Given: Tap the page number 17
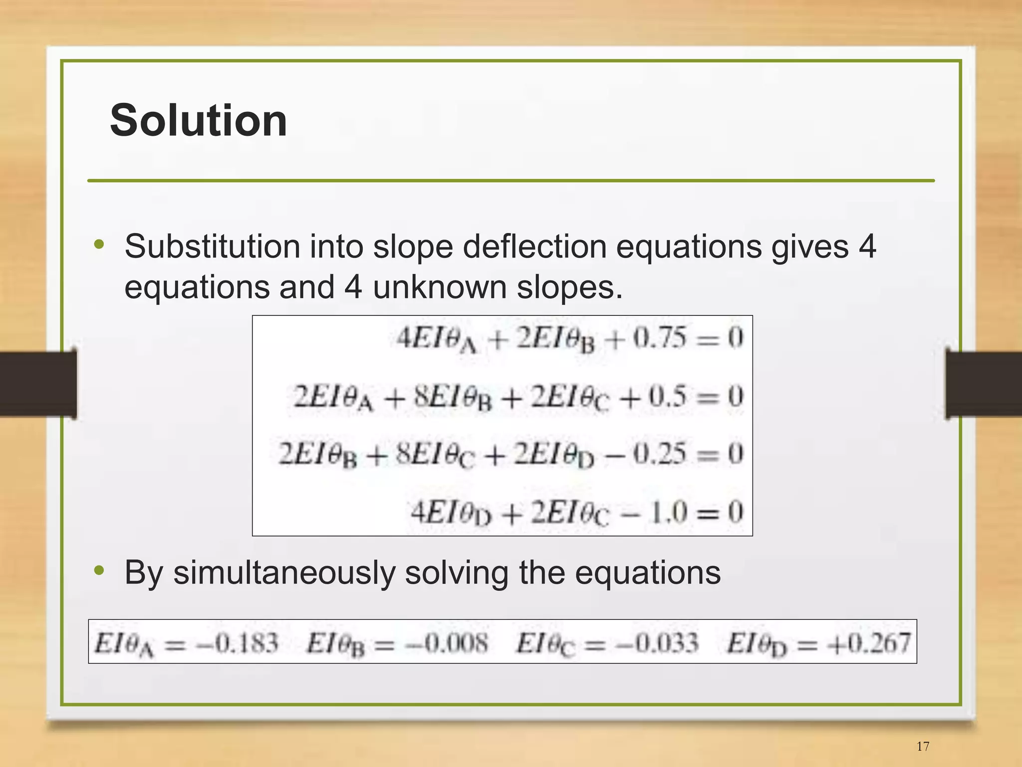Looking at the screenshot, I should tap(923, 746).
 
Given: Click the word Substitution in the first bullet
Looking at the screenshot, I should tap(212, 247).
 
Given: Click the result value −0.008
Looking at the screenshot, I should tap(446, 643).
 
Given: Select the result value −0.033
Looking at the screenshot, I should tap(657, 643).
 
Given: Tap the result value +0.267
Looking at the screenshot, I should tap(869, 643).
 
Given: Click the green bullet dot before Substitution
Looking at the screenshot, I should tap(99, 245).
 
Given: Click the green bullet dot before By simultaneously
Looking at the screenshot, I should tap(99, 570).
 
